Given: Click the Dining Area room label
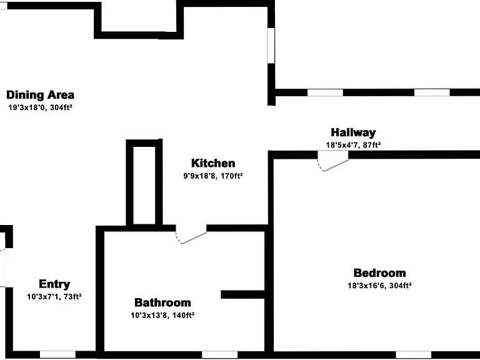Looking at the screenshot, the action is tap(40, 95).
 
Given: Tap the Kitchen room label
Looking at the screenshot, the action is tap(213, 163).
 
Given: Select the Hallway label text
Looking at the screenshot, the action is tap(353, 132).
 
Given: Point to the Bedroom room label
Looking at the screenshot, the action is tap(379, 272).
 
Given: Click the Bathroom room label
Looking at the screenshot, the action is tap(162, 302).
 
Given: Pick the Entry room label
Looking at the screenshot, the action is tap(54, 284).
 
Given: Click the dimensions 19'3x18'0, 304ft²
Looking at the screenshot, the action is tap(40, 107).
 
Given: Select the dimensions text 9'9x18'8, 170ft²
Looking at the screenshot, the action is tap(213, 176).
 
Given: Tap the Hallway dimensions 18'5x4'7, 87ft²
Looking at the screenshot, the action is tap(353, 145).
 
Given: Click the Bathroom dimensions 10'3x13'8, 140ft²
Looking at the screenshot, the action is tap(162, 315).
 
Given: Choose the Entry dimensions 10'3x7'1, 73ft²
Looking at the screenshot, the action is tap(54, 297).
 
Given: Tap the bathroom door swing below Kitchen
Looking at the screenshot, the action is tap(191, 235).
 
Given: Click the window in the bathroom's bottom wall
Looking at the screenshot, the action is tap(219, 355).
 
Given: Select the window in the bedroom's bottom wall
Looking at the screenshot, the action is tap(414, 355).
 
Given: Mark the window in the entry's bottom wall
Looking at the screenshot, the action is tap(58, 354).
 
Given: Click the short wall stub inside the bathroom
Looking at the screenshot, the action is tap(242, 294).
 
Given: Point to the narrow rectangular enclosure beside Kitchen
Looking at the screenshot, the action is tap(144, 182).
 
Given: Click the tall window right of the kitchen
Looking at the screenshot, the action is tap(271, 46).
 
